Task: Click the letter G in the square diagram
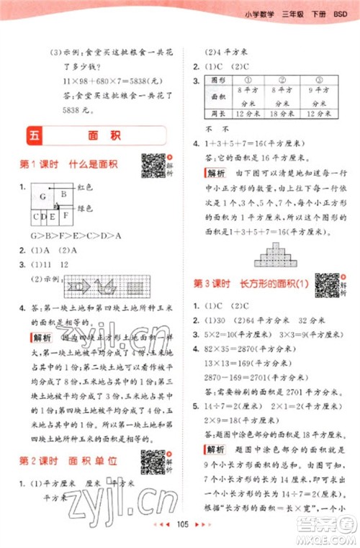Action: pos(42,197)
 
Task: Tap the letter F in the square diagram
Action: pos(66,215)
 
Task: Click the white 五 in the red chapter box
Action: pos(35,136)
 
